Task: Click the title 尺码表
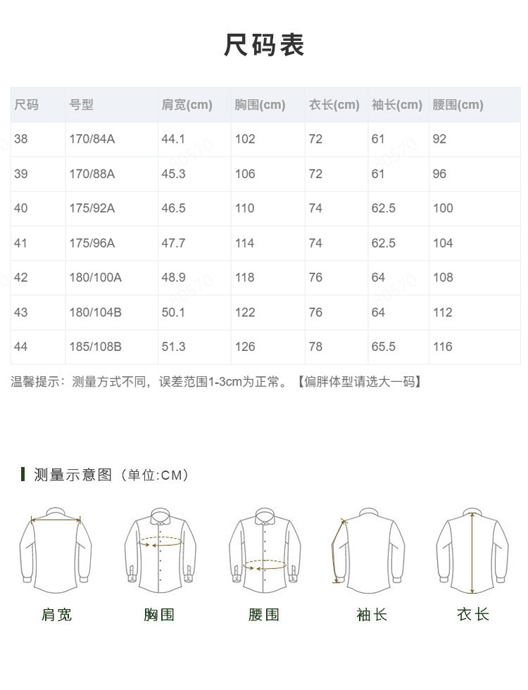[264, 45]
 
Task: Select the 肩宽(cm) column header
[187, 105]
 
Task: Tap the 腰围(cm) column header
[458, 105]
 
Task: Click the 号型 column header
[81, 105]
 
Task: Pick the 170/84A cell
[92, 139]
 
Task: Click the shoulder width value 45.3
[173, 174]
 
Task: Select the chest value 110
[244, 208]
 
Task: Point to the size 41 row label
[20, 243]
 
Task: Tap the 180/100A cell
[95, 278]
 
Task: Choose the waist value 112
[442, 312]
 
